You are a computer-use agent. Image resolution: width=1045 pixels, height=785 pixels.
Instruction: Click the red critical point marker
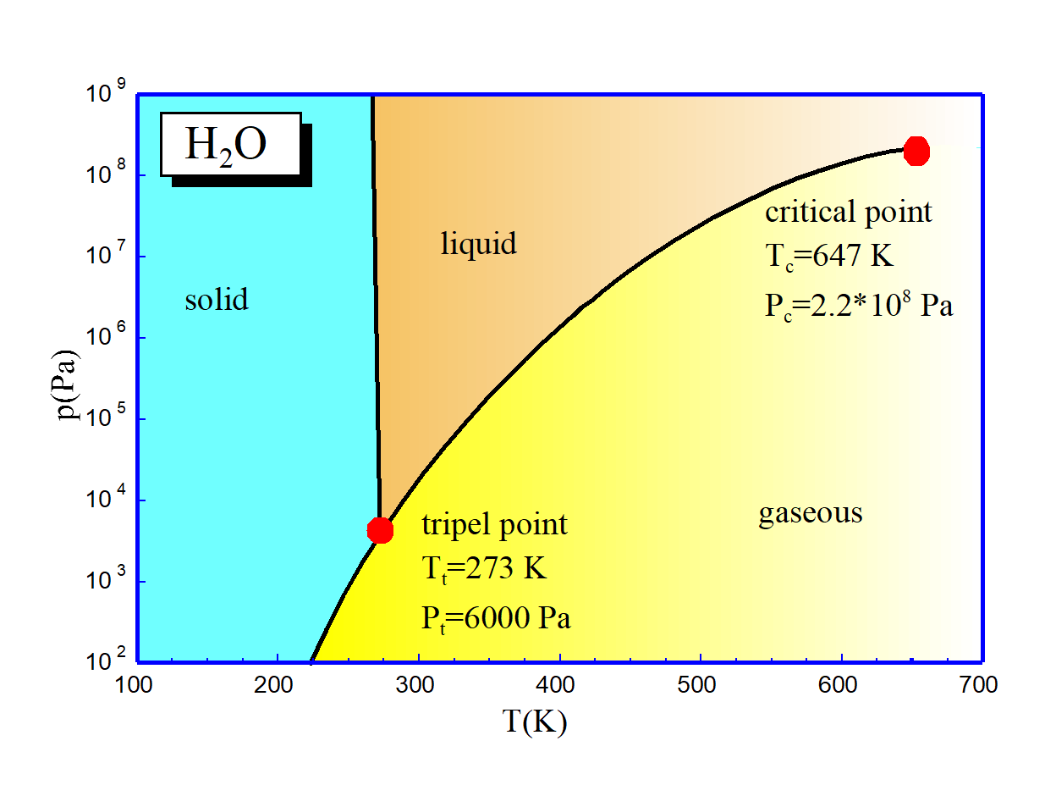click(x=916, y=152)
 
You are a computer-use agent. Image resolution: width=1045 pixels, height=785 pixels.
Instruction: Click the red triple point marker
click(x=380, y=530)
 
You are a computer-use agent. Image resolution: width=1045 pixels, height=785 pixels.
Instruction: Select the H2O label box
click(x=231, y=145)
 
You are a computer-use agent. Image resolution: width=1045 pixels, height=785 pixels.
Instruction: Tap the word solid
click(x=217, y=300)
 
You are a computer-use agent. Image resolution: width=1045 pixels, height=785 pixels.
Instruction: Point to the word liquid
click(x=478, y=244)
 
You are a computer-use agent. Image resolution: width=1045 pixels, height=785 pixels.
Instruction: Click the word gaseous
click(x=810, y=513)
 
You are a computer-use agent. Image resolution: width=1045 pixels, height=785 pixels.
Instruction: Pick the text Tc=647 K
click(x=829, y=257)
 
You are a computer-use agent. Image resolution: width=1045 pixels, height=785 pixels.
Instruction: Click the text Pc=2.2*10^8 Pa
click(x=858, y=305)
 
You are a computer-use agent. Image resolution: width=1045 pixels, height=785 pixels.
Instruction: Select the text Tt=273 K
click(x=484, y=569)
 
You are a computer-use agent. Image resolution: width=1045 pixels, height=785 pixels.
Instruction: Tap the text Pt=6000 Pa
click(x=496, y=618)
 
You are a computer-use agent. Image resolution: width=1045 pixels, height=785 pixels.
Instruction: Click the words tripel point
click(x=494, y=525)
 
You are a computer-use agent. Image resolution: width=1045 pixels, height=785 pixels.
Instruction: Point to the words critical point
click(x=848, y=212)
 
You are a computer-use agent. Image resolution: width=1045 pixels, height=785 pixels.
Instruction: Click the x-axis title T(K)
click(x=535, y=722)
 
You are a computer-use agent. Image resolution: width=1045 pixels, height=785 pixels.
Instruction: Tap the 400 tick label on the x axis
click(x=558, y=684)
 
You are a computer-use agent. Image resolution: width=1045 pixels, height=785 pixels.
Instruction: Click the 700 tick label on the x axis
click(x=980, y=684)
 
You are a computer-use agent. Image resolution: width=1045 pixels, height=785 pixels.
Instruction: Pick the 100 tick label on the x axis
click(x=138, y=684)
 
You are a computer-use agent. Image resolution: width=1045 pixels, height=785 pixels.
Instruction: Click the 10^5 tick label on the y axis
click(x=106, y=418)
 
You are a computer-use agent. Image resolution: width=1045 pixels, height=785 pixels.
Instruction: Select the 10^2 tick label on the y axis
click(x=106, y=660)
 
